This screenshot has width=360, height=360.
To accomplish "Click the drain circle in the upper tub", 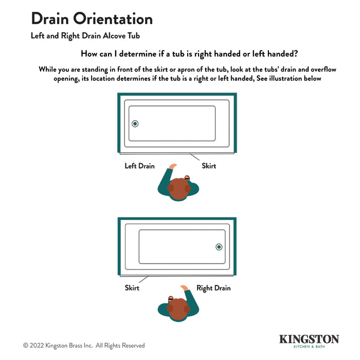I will (135, 123).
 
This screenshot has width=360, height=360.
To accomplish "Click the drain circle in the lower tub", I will (219, 247).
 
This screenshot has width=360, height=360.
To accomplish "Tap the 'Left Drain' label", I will (139, 166).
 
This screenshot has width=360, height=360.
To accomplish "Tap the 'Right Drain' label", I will (213, 288).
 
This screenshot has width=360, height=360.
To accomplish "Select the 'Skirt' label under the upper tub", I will (209, 166).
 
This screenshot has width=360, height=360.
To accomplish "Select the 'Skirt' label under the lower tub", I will (132, 288).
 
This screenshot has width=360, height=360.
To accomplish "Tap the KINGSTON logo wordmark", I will (309, 339).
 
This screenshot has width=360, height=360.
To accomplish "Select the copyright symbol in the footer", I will (26, 346).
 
